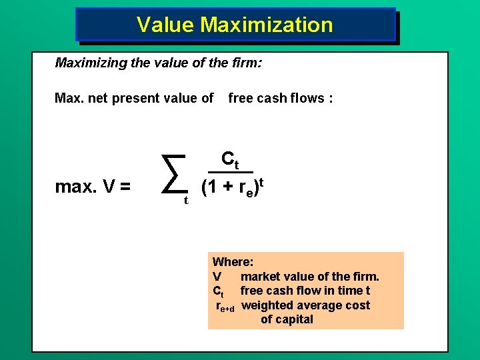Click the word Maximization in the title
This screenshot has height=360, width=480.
coord(266,25)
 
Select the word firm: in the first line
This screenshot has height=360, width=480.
coord(245,63)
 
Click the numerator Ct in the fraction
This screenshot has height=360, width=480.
coord(230,160)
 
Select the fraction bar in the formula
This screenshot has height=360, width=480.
coord(231,172)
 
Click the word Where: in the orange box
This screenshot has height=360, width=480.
coord(232,263)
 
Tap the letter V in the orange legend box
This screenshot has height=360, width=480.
coord(217,277)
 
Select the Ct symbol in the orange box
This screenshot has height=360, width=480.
coord(218,291)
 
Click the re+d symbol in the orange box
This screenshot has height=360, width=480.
coord(225,307)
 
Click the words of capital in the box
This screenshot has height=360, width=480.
coord(287,319)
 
